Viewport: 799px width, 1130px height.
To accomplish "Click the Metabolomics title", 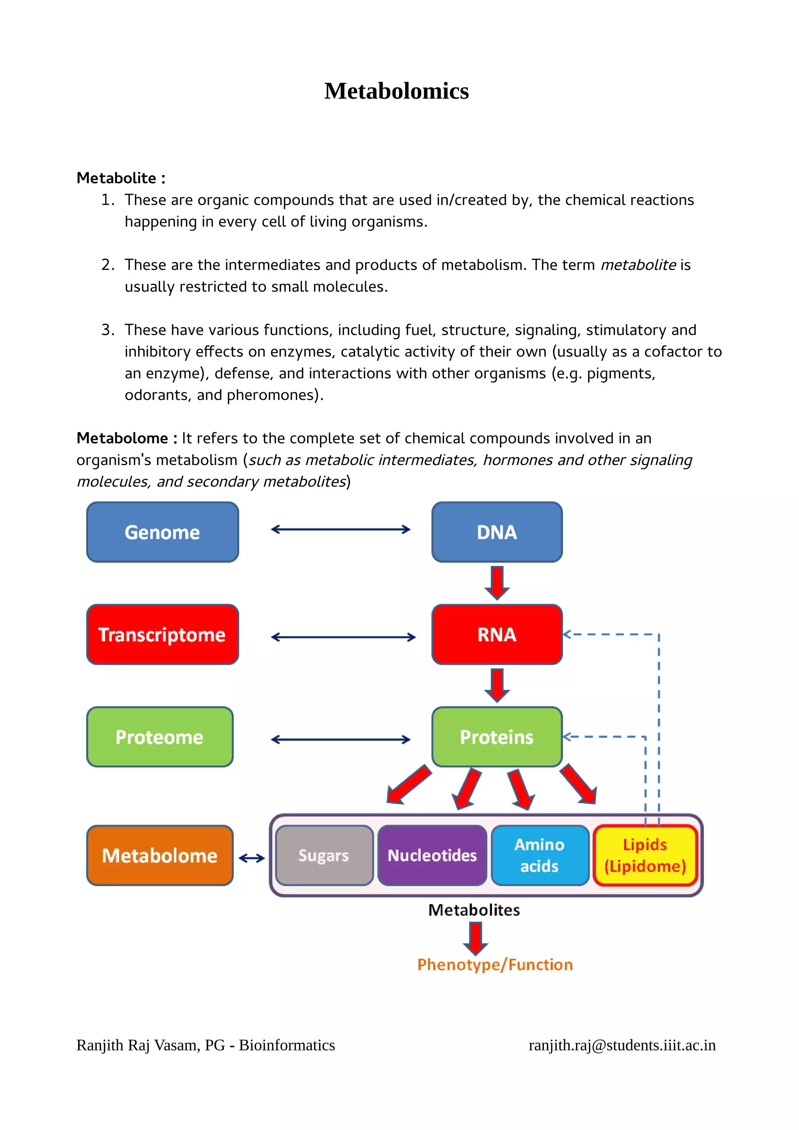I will tap(396, 91).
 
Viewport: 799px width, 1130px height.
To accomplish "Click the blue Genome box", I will tap(162, 532).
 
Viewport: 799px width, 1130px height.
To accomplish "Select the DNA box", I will tap(497, 532).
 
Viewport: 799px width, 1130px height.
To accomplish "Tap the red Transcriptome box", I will tap(162, 634).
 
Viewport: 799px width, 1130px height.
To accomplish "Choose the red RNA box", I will tap(497, 634).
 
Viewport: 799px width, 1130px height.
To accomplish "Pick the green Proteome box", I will tap(160, 737).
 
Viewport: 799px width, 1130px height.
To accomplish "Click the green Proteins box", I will tap(497, 737).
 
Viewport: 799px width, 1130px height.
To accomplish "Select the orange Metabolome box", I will tap(160, 855).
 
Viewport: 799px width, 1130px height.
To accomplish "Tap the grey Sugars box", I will tap(324, 855).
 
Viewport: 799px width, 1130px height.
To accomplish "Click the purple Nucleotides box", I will tap(432, 855).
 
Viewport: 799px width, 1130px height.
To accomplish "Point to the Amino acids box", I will tap(540, 855).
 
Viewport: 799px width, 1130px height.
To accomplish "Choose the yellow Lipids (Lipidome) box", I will tap(645, 855).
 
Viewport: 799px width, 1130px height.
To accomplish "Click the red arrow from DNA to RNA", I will tap(497, 583).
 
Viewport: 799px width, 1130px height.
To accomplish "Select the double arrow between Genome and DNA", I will tap(341, 530).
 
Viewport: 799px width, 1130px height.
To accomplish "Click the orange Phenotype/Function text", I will tap(495, 965).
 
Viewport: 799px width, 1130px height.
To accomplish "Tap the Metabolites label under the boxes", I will tap(474, 910).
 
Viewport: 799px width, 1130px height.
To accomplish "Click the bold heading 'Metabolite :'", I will tap(121, 178).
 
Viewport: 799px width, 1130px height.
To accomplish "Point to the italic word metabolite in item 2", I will tap(638, 265).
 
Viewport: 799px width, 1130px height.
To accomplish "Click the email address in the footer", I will tap(622, 1045).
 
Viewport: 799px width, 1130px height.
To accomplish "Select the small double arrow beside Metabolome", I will tap(252, 858).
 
